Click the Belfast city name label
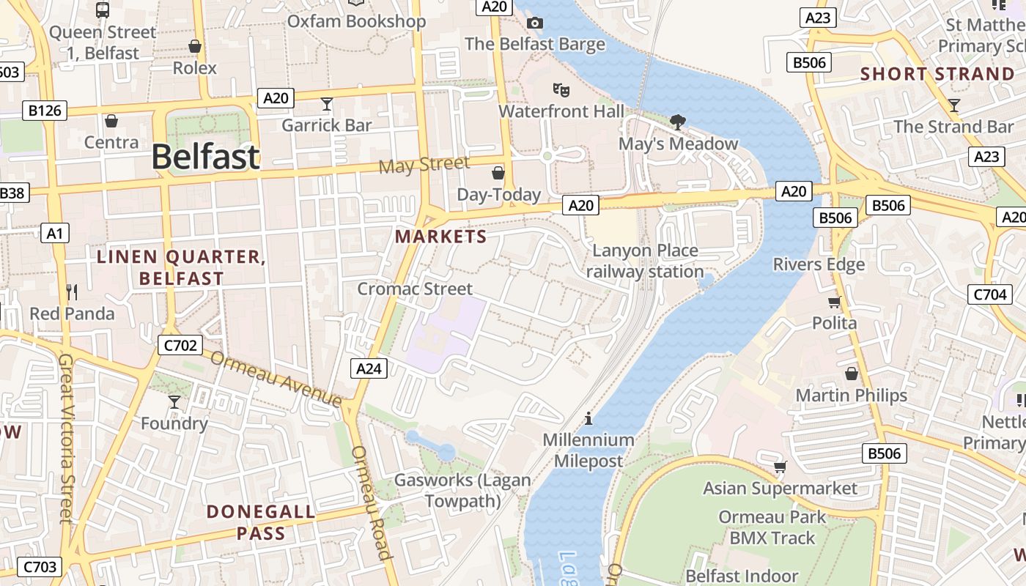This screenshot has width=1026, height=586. coord(206,157)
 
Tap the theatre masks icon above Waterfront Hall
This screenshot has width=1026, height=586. coord(561,90)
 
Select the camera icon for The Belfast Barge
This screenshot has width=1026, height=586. coord(535,23)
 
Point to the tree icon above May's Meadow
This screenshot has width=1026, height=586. coord(678,122)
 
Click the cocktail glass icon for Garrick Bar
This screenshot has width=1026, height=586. coord(327,104)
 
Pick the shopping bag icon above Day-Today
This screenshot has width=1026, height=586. coord(498,173)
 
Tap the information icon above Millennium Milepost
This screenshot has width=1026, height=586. coord(588,418)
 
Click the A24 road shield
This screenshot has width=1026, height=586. coord(368,368)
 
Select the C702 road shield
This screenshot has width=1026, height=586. coord(180,345)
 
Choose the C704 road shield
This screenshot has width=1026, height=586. coord(989,294)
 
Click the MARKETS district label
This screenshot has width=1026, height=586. coord(440,237)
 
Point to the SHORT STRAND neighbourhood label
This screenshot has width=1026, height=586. coord(937,74)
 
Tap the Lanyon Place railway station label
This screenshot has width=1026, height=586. coord(645,261)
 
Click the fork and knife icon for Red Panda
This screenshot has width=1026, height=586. coord(72,292)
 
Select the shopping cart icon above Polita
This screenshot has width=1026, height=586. coord(834,302)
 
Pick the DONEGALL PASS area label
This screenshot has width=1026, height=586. coord(261,522)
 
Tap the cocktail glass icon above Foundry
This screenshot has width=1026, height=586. coord(174,401)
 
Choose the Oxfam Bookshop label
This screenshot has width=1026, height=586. coord(356,21)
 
